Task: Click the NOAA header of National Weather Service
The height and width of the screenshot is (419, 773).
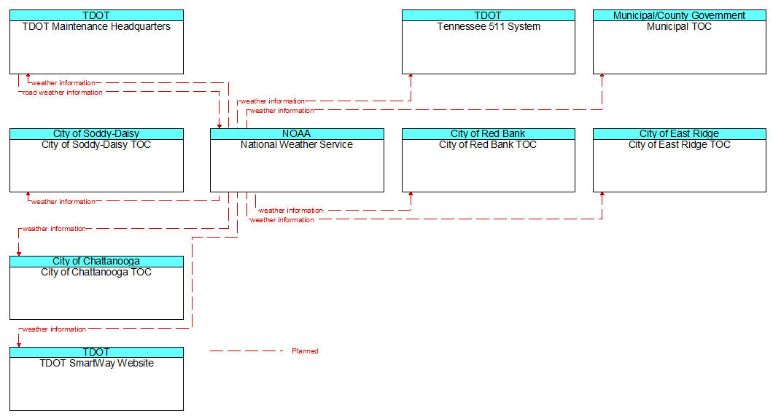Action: pyautogui.click(x=297, y=134)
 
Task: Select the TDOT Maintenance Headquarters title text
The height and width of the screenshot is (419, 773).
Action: pyautogui.click(x=96, y=26)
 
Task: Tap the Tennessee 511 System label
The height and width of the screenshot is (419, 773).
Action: pyautogui.click(x=489, y=26)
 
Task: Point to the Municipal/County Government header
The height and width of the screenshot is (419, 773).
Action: pyautogui.click(x=680, y=15)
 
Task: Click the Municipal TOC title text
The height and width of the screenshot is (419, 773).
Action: pyautogui.click(x=680, y=26)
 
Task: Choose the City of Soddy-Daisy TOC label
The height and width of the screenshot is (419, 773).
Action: pyautogui.click(x=96, y=145)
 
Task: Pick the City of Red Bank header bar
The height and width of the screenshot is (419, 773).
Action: pyautogui.click(x=488, y=134)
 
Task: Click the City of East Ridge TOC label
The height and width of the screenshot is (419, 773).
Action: pyautogui.click(x=680, y=145)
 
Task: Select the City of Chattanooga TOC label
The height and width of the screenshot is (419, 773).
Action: pyautogui.click(x=96, y=273)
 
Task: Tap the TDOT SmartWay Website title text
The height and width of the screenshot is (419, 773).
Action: pyautogui.click(x=96, y=364)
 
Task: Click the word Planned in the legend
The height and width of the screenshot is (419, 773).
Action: pyautogui.click(x=305, y=351)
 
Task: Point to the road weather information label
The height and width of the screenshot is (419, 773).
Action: pyautogui.click(x=63, y=92)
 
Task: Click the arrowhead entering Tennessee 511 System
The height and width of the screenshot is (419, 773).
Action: pyautogui.click(x=411, y=77)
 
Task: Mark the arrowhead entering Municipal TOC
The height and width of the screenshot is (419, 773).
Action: pyautogui.click(x=602, y=77)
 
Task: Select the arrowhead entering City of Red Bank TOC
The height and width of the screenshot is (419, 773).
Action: pyautogui.click(x=411, y=195)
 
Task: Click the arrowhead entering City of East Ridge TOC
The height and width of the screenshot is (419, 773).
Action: pyautogui.click(x=602, y=195)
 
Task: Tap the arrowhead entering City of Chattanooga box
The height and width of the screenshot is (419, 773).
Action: pyautogui.click(x=19, y=254)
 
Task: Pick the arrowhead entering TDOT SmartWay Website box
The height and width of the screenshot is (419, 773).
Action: pyautogui.click(x=19, y=345)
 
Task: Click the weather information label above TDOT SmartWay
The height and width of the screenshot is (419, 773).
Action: pyautogui.click(x=54, y=329)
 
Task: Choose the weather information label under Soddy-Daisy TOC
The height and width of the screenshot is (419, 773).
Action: pyautogui.click(x=63, y=201)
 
